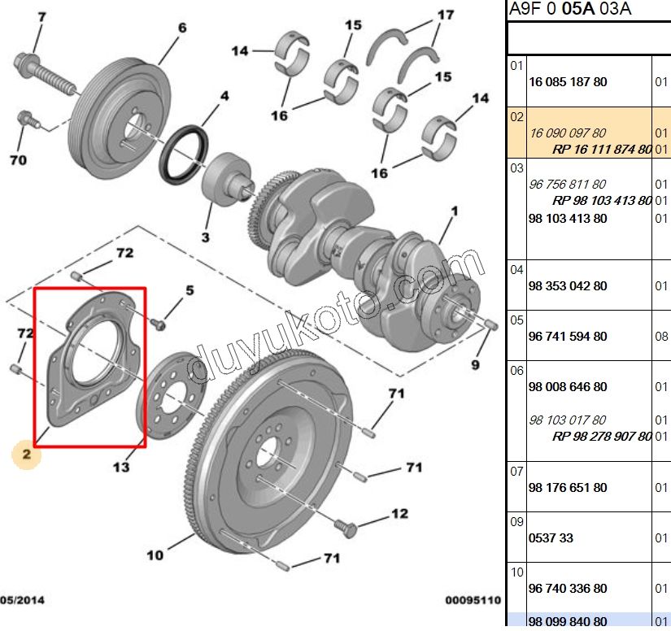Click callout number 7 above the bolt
(x=41, y=17)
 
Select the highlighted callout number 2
(x=27, y=454)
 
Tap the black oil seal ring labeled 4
(x=184, y=154)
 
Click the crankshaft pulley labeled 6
(x=120, y=119)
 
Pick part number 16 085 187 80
(x=568, y=81)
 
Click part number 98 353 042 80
(x=568, y=285)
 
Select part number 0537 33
(x=551, y=537)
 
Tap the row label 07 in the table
(x=516, y=471)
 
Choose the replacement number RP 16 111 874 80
(x=602, y=150)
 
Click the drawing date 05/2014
(x=22, y=600)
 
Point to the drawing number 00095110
(x=473, y=600)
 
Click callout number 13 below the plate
(x=121, y=467)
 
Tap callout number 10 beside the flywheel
(x=155, y=555)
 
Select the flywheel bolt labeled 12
(x=346, y=529)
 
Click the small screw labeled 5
(x=158, y=324)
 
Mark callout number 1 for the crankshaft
(x=455, y=211)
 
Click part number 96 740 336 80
(x=568, y=588)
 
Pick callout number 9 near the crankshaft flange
(x=475, y=364)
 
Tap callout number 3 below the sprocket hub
(x=206, y=237)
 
